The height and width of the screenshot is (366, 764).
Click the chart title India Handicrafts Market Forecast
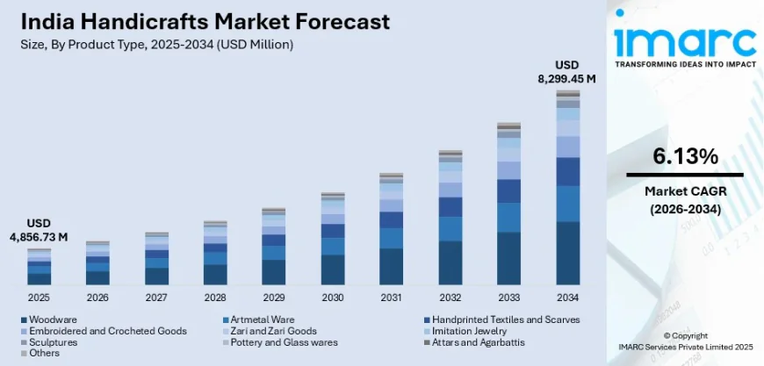pos(198,21)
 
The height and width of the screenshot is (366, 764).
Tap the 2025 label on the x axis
pos(39,298)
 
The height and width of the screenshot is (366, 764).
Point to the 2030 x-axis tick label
pos(333,298)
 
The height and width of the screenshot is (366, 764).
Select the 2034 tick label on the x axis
pos(568,298)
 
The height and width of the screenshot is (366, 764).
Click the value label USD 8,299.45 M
pos(566,72)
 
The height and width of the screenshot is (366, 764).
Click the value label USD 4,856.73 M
pos(39,230)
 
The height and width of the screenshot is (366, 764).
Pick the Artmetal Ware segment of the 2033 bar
pos(509,217)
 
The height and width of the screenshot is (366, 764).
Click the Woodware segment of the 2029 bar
pos(274,272)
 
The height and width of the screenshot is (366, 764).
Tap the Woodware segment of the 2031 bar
pos(392,266)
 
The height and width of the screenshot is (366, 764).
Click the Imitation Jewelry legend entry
pos(474,331)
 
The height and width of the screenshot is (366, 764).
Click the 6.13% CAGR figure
pos(685,156)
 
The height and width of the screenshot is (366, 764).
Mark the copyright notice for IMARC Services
pos(685,341)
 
